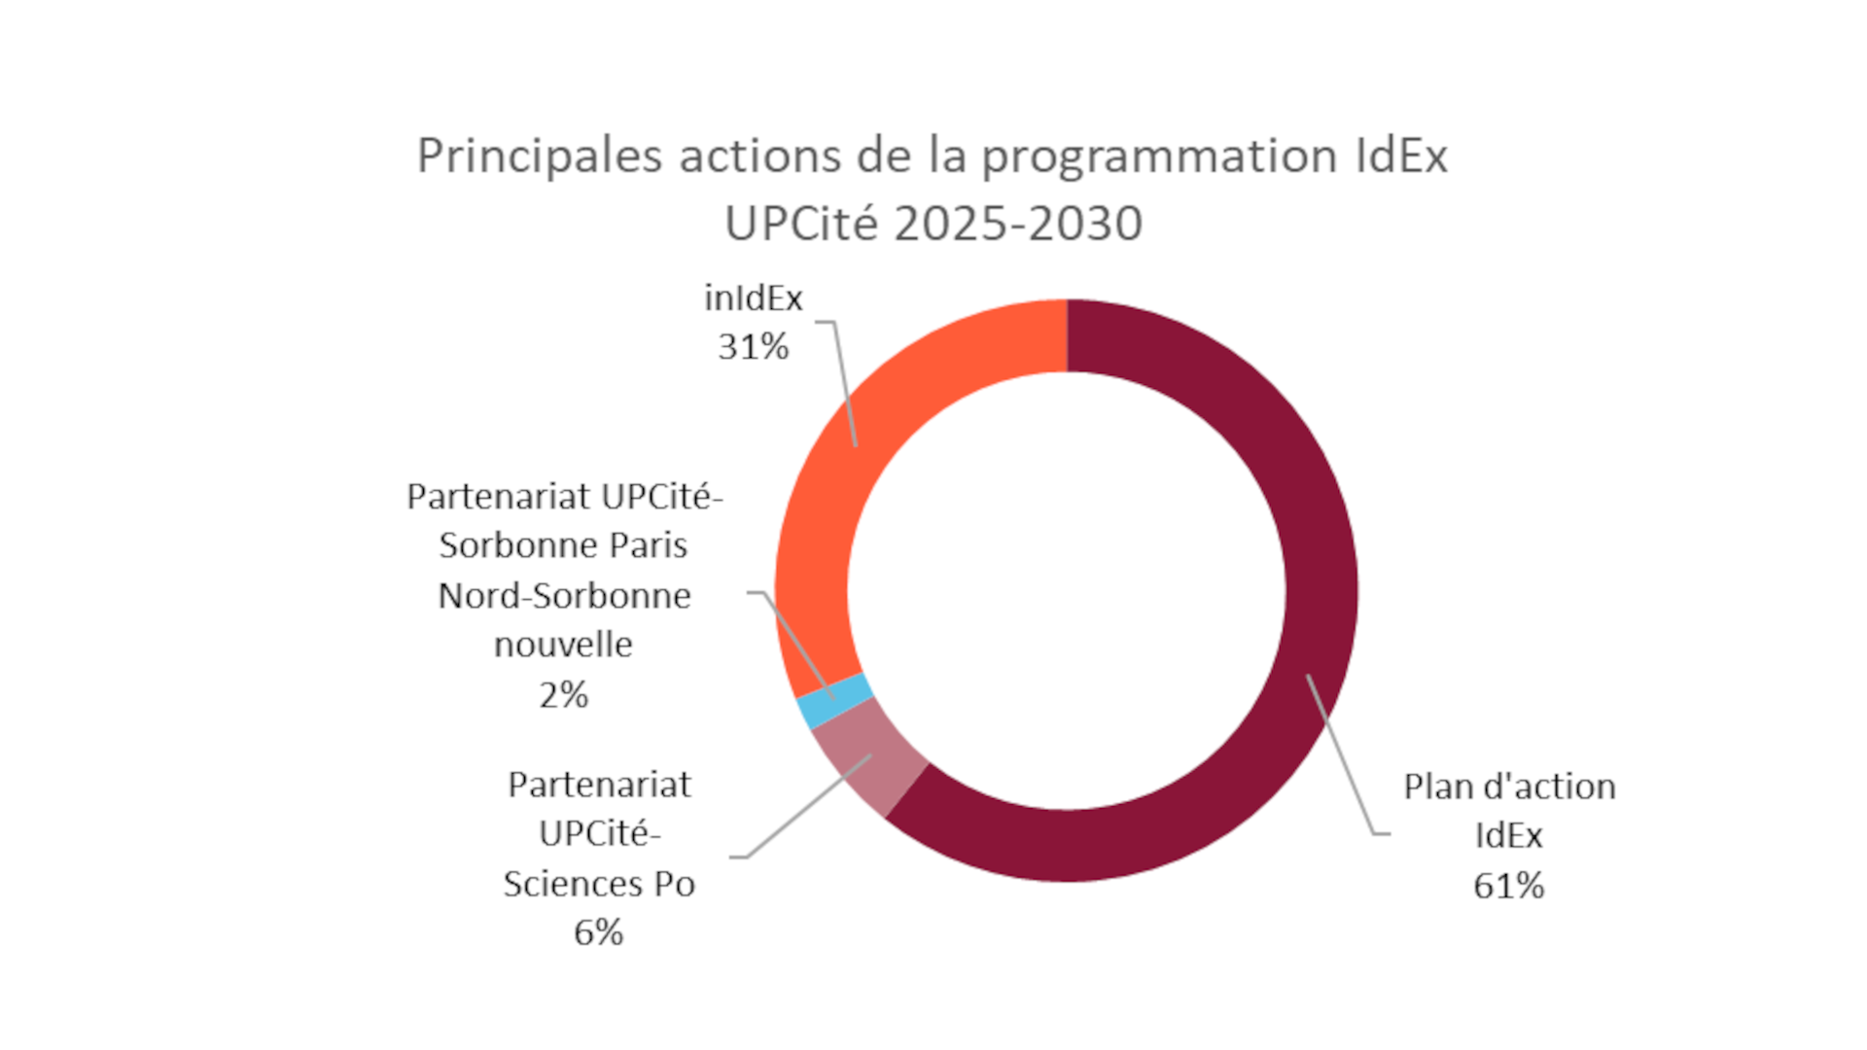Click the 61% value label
coord(1508,886)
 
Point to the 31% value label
coord(753,347)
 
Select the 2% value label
coord(563,695)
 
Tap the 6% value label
coord(598,932)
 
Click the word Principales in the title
coord(540,157)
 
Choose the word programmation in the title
coord(1159,157)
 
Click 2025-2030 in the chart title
coord(1018,225)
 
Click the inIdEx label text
coord(753,298)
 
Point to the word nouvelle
coord(563,645)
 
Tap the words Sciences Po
coord(598,884)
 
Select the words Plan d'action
coord(1508,787)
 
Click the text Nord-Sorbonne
coord(564,595)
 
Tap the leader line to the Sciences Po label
coord(807,807)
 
